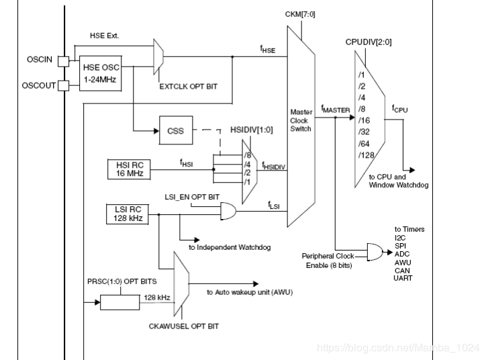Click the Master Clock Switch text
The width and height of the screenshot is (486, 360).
click(x=301, y=120)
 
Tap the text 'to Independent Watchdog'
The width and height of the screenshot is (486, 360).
click(x=229, y=248)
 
